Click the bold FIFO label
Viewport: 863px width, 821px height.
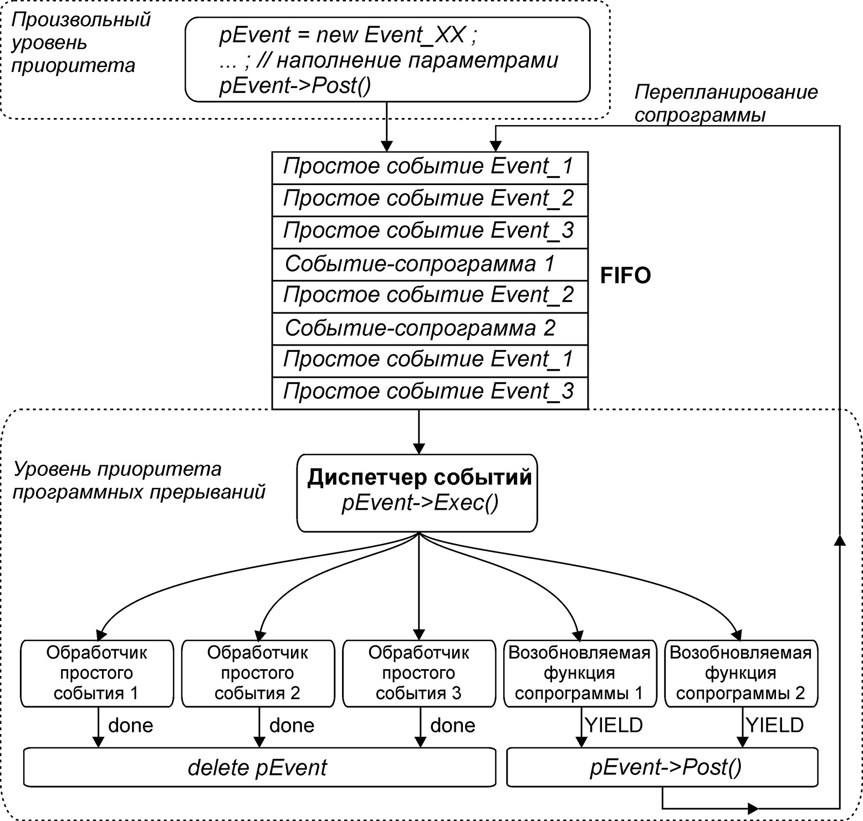625,275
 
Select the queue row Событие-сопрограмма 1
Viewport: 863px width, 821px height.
430,264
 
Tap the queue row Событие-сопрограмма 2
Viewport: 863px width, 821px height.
430,329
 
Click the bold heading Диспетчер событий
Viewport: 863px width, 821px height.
419,478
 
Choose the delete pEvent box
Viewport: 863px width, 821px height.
258,767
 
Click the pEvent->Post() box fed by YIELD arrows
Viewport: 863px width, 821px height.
662,767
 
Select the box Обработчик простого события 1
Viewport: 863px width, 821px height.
97,673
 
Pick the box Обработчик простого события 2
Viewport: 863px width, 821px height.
258,673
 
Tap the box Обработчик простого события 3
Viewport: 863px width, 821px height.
419,673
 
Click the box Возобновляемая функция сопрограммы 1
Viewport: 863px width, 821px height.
580,673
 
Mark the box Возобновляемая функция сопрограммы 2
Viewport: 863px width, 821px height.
741,673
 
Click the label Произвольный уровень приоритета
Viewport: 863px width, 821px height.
81,43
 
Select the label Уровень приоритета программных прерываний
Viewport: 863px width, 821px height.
139,480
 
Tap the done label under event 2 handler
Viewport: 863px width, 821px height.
292,726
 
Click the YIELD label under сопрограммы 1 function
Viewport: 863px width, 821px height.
614,725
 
